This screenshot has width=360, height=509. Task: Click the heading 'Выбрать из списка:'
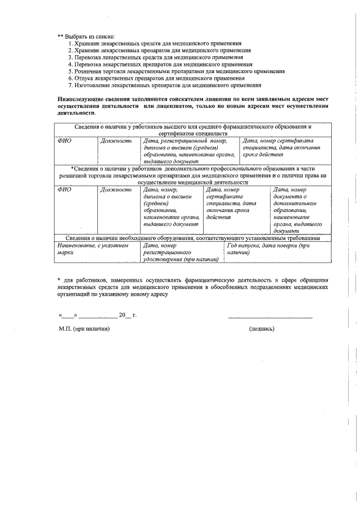point(85,36)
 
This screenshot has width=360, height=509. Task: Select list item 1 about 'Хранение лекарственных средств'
point(155,43)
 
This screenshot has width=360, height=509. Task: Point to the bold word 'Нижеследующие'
point(79,98)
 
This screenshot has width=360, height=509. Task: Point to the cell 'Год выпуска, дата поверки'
point(276,249)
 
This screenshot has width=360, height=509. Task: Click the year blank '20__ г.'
point(127,315)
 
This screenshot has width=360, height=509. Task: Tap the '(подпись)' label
point(261,329)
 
